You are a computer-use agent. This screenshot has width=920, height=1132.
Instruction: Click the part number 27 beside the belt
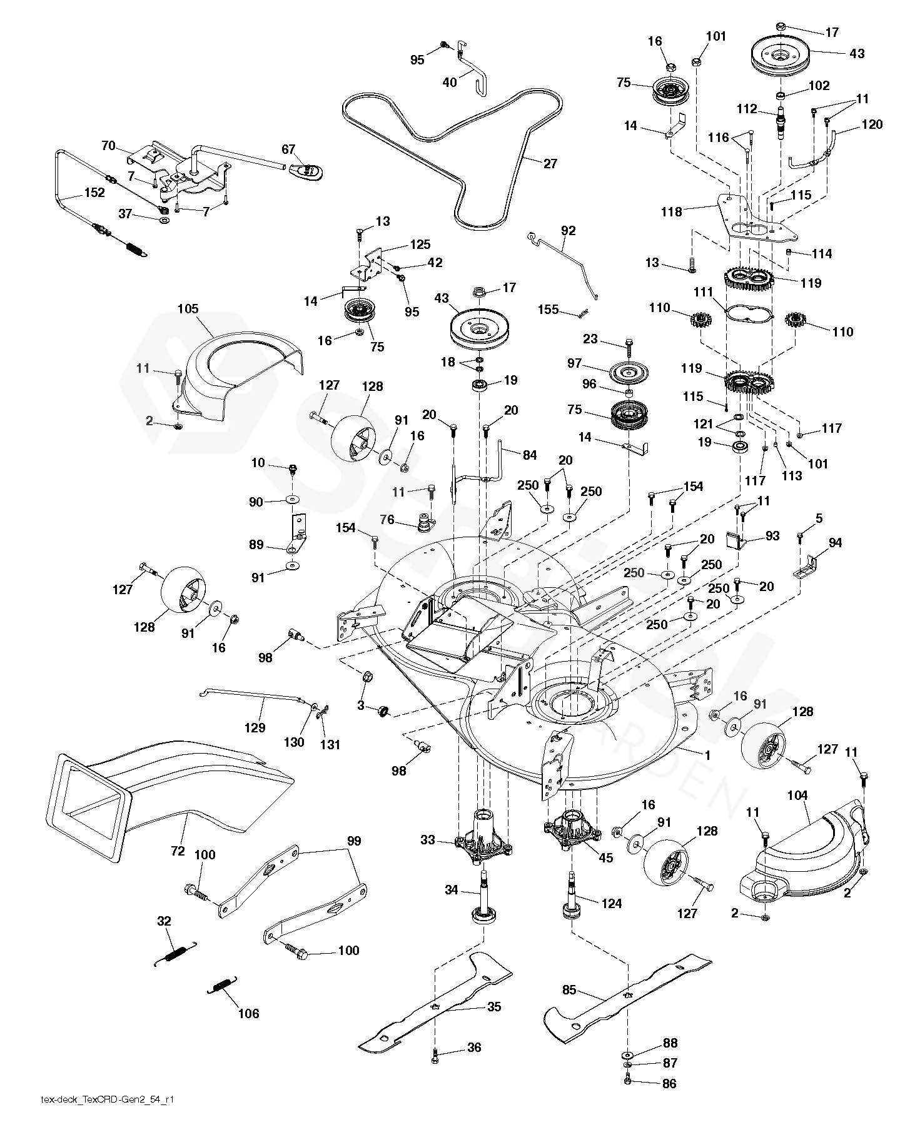coord(550,164)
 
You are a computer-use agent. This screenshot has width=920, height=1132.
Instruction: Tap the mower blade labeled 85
coord(625,994)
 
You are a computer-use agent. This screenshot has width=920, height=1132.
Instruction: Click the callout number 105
coord(188,308)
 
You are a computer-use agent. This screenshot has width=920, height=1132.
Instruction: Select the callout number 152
coord(94,193)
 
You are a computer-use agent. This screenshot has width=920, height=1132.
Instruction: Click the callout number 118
coord(672,211)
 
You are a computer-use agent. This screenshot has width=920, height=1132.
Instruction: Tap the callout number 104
coord(797,796)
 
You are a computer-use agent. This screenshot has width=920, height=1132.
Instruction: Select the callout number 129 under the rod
coord(255,727)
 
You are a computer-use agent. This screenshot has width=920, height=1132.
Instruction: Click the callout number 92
coord(568,231)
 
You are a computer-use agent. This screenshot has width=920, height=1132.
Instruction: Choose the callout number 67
coord(288,149)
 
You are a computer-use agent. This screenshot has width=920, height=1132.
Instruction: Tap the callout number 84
coord(530,455)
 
